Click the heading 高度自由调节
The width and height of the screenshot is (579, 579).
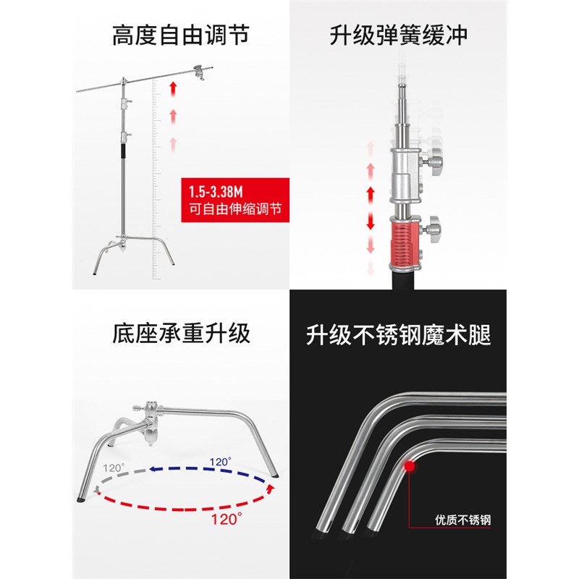180,34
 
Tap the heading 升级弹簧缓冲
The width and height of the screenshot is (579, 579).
398,34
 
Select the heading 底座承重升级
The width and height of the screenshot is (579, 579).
180,334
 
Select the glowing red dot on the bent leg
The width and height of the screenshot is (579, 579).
410,466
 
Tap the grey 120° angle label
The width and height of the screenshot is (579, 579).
113,468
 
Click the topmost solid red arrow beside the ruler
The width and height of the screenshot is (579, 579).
174,89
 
